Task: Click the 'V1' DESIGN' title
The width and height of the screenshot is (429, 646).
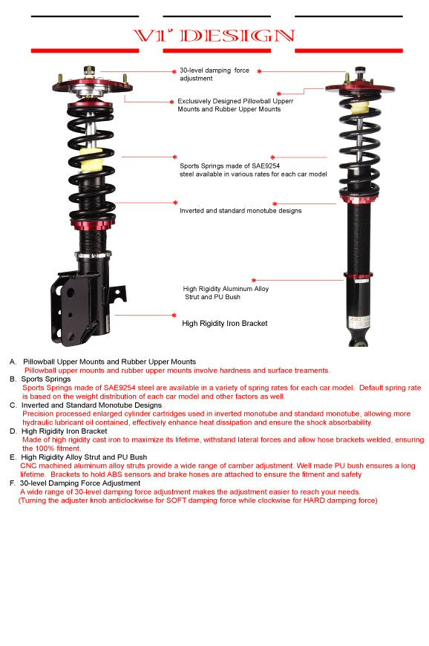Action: pos(214,36)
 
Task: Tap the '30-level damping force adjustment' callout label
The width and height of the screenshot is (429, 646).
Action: pos(214,74)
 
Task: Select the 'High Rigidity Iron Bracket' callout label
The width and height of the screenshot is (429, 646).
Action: pos(224,324)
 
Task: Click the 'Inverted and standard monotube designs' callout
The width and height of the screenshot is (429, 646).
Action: pos(240,211)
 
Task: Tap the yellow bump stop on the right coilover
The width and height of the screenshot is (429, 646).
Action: pos(359,108)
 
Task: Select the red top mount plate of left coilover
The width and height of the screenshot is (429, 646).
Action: pos(91,85)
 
